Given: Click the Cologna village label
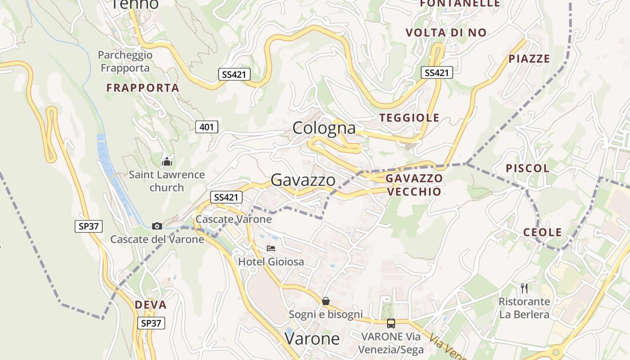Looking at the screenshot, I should pos(324,128).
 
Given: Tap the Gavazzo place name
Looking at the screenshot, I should pos(303,180).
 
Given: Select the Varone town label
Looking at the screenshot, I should pos(312,338).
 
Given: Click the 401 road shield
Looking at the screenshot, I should pos(207,127).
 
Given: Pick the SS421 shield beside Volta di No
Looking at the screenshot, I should pos(436,72).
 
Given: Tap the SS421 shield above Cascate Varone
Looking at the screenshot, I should pos(226,197).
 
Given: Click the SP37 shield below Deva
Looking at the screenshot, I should pos(151,323).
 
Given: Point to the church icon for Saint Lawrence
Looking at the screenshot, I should pos(167,161).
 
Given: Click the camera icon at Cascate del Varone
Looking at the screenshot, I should pos(157,226).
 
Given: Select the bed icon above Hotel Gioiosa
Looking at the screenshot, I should pos(270,248).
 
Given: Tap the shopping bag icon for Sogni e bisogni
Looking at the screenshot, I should pos(326,301).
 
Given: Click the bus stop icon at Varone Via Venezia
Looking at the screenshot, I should pos(391,323).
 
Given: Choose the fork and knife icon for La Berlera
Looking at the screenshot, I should pos(524,288).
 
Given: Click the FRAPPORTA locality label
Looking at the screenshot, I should pos(143,88).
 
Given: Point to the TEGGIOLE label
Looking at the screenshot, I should pos(409,118).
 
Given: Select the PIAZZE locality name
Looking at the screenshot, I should pos(529,58).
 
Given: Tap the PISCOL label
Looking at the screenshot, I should pos(527,168).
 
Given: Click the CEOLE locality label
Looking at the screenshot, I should pos(542,232).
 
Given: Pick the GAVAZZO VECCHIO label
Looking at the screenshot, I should pos(414,184).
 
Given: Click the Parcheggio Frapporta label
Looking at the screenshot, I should pos(125,61).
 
